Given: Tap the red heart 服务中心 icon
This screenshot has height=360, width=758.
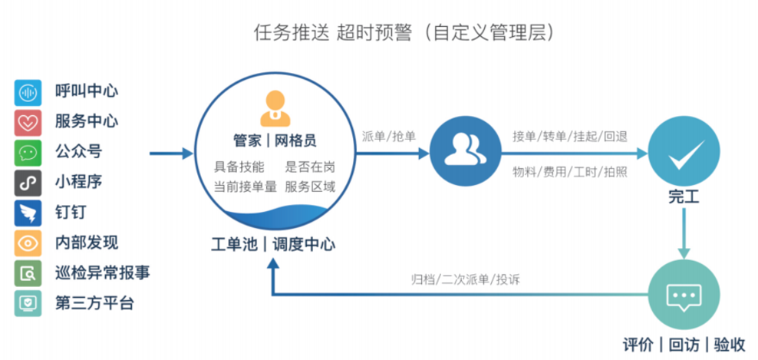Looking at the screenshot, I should click(27, 122).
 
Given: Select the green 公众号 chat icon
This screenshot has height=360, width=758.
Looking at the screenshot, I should click(27, 152).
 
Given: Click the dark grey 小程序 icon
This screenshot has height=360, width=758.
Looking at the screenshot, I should click(27, 183).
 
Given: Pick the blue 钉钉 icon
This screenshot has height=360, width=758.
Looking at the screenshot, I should click(27, 213).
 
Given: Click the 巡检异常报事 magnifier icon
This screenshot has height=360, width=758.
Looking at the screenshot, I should click(27, 273).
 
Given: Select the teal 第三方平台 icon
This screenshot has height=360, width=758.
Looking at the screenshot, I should click(27, 303).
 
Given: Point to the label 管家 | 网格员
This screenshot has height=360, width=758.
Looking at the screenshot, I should click(275, 141).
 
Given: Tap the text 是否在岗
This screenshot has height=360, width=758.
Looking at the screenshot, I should click(309, 167).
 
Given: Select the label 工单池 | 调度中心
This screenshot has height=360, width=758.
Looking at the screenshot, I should click(273, 244).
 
